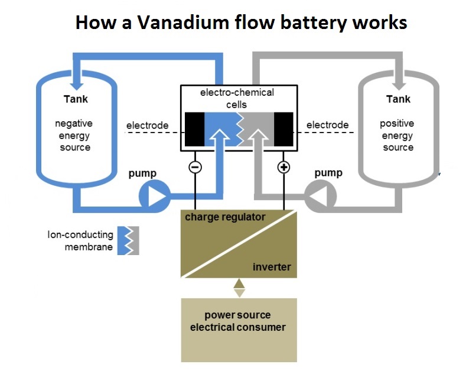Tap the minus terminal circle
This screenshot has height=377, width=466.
tap(195, 167)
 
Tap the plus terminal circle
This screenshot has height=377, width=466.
tap(283, 167)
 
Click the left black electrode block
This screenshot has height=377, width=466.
tap(194, 128)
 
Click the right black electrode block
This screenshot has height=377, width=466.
tap(283, 128)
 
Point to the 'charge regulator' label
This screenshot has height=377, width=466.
tap(225, 217)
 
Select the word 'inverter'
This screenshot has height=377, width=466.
tap(272, 267)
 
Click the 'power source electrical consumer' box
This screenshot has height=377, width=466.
tap(239, 330)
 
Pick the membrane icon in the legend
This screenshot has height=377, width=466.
tap(128, 240)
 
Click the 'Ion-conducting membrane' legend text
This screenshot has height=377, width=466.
tap(80, 241)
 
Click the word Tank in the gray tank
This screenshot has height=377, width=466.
tap(398, 99)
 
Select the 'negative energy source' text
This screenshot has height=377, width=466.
tap(74, 135)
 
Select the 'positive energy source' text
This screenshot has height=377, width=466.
tap(397, 135)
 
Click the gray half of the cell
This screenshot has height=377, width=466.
tap(260, 121)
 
